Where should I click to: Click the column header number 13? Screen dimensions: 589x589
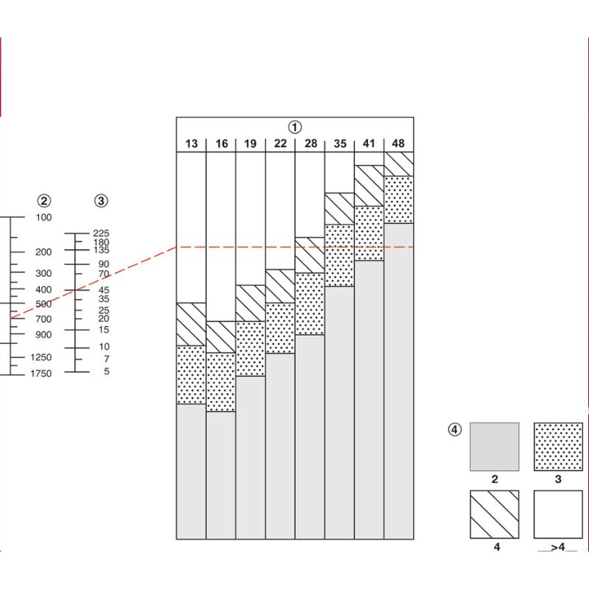(191, 144)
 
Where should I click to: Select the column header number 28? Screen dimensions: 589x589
(310, 144)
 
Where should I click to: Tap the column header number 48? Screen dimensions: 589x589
(398, 144)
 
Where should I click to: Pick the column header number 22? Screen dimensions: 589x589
(280, 144)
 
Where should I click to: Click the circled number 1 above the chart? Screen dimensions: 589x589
(295, 127)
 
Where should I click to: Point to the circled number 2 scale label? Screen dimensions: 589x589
(44, 200)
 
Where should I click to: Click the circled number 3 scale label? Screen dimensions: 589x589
(102, 200)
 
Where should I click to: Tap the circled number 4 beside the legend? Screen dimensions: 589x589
(456, 430)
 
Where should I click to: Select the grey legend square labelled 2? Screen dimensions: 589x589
(495, 447)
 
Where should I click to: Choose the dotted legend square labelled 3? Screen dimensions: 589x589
(558, 447)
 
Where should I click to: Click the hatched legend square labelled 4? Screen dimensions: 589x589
(495, 515)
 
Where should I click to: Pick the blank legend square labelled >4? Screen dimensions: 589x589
(558, 515)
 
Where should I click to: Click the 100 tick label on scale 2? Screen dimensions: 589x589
(43, 217)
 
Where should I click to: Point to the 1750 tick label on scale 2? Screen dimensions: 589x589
(41, 374)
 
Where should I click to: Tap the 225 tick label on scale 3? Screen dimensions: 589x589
(101, 233)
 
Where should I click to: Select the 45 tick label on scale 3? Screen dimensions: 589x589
(103, 289)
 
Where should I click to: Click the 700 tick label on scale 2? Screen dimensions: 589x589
(43, 319)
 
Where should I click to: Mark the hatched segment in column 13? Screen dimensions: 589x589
(191, 324)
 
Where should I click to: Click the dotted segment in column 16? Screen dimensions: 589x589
(221, 382)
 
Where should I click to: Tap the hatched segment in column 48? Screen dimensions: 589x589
(399, 163)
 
